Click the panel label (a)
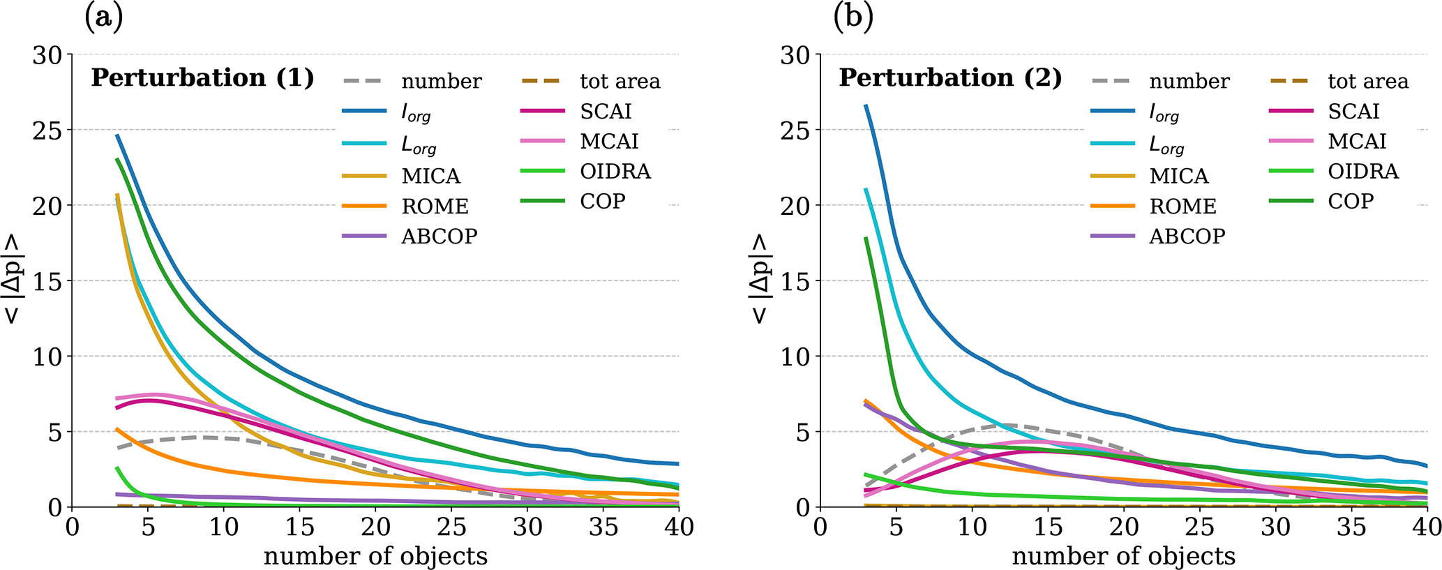pyautogui.click(x=103, y=18)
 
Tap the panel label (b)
pyautogui.click(x=853, y=18)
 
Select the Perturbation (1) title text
pyautogui.click(x=202, y=78)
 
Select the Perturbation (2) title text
pyautogui.click(x=950, y=78)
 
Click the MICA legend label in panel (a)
pyautogui.click(x=430, y=177)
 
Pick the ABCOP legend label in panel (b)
pyautogui.click(x=1187, y=237)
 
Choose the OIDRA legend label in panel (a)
pyautogui.click(x=615, y=172)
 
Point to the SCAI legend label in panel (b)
pyautogui.click(x=1353, y=112)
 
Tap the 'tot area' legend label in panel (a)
pyautogui.click(x=619, y=82)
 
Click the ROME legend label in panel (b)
pyautogui.click(x=1182, y=207)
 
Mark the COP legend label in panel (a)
pyautogui.click(x=603, y=202)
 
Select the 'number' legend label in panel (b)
pyautogui.click(x=1189, y=82)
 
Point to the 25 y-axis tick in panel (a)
pyautogui.click(x=47, y=130)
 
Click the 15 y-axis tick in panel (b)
pyautogui.click(x=795, y=281)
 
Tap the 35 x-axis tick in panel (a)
pyautogui.click(x=603, y=527)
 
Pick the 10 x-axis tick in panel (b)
pyautogui.click(x=972, y=527)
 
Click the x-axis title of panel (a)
pyautogui.click(x=375, y=556)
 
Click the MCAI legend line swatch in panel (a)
pyautogui.click(x=543, y=142)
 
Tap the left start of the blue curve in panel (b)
pyautogui.click(x=866, y=106)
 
